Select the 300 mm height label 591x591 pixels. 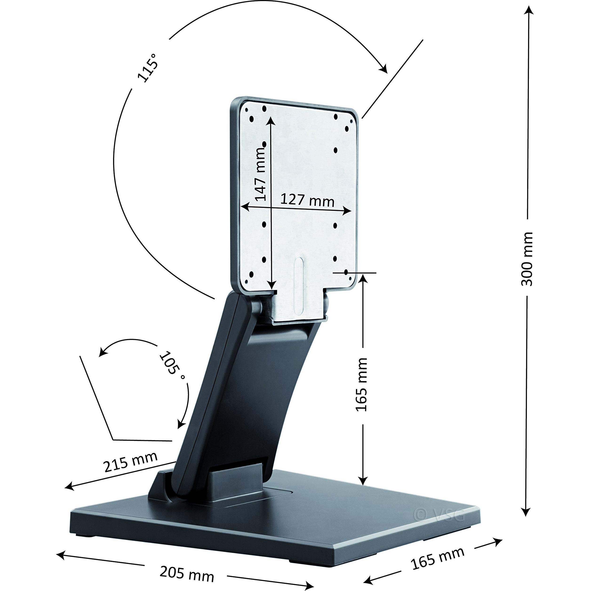pos(527,259)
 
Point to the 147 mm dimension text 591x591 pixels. pos(260,173)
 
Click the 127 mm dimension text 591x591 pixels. pos(307,201)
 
